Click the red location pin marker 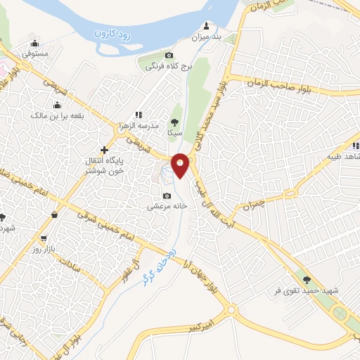coord(181,165)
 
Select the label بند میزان coord(207,35)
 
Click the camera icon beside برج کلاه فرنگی coord(169,56)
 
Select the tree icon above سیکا coord(174,121)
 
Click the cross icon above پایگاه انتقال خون coord(104,150)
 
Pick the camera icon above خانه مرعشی coord(167,195)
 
